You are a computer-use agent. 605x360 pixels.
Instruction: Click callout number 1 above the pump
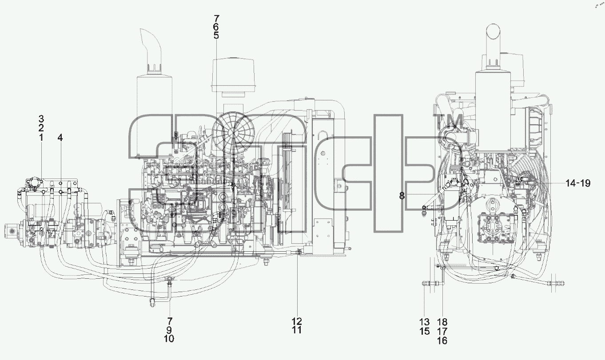tap(41, 138)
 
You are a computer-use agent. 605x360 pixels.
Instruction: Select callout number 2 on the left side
tap(41, 128)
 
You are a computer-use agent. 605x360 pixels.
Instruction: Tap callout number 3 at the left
tap(41, 119)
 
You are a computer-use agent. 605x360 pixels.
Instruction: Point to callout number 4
tap(60, 138)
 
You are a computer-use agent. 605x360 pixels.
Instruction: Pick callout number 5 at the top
tap(216, 36)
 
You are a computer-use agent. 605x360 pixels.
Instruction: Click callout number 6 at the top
tap(216, 27)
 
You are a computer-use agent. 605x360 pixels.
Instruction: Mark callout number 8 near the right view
tap(402, 196)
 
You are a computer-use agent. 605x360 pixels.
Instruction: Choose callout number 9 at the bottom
tap(169, 330)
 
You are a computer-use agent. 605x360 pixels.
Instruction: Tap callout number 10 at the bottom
tap(169, 339)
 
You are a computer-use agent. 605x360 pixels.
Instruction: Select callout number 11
tap(297, 330)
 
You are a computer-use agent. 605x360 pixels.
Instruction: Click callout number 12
tap(297, 321)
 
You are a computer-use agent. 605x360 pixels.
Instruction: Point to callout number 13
tap(424, 322)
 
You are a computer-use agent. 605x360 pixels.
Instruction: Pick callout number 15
tap(425, 331)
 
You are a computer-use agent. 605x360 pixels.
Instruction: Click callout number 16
tap(442, 341)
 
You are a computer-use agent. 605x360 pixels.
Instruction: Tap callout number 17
tap(442, 331)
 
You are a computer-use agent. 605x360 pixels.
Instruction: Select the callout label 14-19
tap(578, 183)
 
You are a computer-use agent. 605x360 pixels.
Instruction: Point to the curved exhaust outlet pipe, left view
tap(151, 51)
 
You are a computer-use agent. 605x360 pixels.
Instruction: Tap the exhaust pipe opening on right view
tap(494, 28)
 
